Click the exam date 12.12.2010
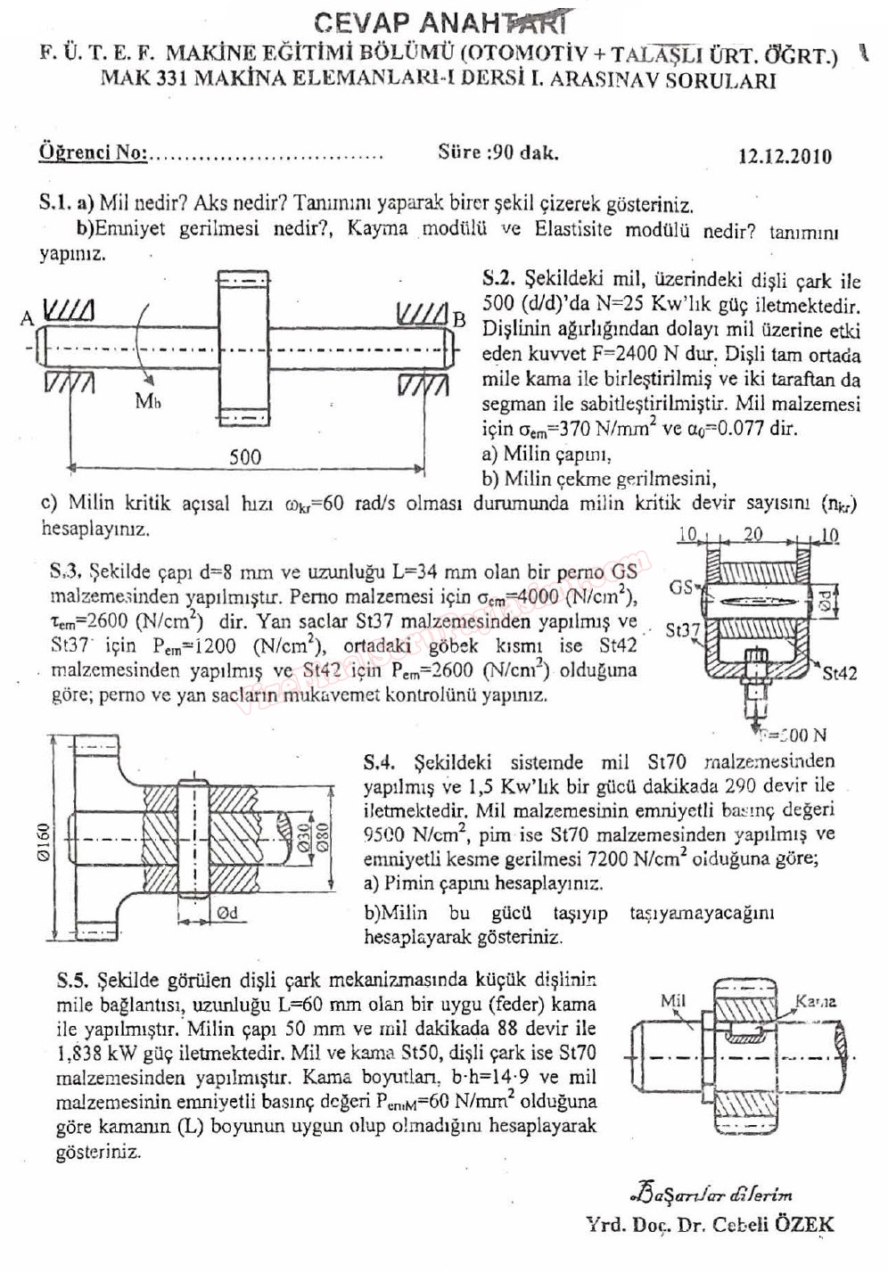point(785,156)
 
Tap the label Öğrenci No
point(92,152)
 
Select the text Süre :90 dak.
point(497,152)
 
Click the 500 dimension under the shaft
point(245,457)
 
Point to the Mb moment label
point(148,401)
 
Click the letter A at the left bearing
point(27,317)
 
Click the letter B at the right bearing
point(460,318)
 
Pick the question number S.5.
point(74,981)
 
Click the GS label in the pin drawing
point(681,587)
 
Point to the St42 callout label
point(839,673)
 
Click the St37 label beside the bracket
point(683,631)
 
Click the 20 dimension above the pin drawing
point(753,534)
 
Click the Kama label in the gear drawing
point(815,1001)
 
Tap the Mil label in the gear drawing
point(673,1000)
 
